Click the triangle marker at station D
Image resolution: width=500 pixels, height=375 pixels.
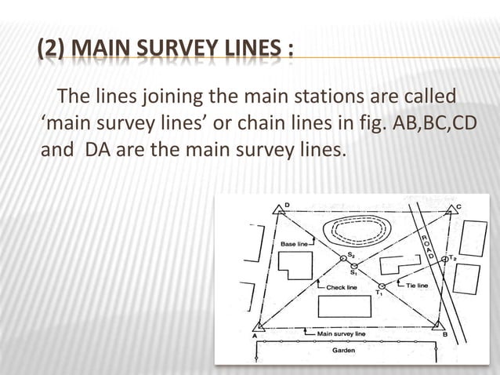(278, 208)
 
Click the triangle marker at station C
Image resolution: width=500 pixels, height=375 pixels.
(450, 209)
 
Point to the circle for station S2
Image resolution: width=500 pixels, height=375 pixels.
(342, 258)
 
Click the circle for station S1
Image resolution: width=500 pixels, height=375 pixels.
(354, 267)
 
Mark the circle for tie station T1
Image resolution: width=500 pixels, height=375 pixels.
(382, 286)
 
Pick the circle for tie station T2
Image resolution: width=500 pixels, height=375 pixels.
(444, 258)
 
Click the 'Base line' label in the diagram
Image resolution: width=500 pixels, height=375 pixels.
(294, 244)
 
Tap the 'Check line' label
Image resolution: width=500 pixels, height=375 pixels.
(342, 287)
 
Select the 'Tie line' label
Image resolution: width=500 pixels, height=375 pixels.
(417, 286)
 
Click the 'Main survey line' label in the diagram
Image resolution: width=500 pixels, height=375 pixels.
(341, 334)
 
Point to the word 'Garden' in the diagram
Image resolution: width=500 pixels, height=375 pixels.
(343, 351)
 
